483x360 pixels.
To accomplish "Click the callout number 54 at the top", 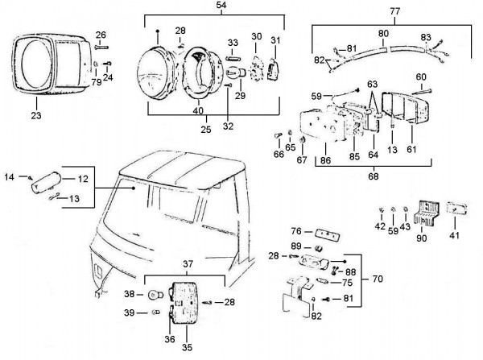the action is pos(221,6).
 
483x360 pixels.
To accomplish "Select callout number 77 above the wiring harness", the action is pos(395,11).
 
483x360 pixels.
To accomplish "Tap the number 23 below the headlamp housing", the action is pos(36,116).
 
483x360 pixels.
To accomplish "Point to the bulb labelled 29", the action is pos(236,73).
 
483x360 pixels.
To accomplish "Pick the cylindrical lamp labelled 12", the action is pos(47,183).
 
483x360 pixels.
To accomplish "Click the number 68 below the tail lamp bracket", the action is pos(373,176).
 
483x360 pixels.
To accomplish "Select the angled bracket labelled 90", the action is pos(425,213).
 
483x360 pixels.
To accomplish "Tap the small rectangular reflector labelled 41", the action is pos(456,208).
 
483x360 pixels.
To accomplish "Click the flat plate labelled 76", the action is pos(327,235).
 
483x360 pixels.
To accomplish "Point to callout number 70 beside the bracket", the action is pos(378,279).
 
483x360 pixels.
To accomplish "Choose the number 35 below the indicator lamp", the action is pos(187,347).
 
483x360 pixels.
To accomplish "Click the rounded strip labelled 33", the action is pos(233,58).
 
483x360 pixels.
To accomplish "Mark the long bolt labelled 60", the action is pos(421,91).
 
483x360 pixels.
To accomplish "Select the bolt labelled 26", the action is pos(101,47).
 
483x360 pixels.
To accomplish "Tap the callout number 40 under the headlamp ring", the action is pos(198,110).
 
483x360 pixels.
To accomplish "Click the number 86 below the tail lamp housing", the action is pos(325,160).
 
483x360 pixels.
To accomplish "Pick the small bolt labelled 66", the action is pos(279,135).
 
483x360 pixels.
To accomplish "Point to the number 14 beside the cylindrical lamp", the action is pos(9,177).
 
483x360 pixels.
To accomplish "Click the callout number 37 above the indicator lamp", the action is pos(188,264).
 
